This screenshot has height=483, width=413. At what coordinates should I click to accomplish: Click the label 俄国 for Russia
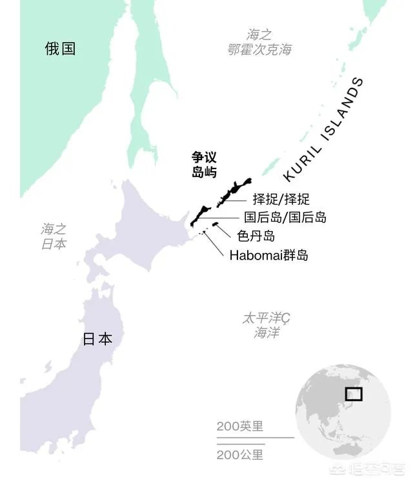coord(60,48)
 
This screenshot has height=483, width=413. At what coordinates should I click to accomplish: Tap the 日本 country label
coord(97,339)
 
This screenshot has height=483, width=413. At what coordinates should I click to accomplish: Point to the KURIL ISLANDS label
coord(323,129)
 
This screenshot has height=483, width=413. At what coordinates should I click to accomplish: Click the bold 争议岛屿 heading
coord(203,165)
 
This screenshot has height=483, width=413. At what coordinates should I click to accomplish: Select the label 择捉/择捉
coord(281,199)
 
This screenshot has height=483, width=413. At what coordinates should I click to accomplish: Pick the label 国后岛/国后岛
coord(285,218)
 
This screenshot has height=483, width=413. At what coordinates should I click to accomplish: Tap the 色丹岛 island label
coord(256,236)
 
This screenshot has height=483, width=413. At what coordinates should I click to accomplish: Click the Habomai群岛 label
coord(268,256)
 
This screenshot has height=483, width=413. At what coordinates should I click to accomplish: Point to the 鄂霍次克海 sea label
coord(259,43)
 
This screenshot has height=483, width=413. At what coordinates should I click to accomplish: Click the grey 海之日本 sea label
coord(54,236)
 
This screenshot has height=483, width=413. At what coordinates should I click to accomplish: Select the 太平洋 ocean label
coord(266,325)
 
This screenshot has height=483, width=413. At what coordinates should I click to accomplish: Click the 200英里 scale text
coord(240,426)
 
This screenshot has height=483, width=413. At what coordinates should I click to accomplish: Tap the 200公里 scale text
coord(240,455)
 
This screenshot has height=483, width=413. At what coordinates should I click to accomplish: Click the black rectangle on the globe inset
coord(353,393)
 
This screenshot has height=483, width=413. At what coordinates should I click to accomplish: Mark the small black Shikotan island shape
coord(216,224)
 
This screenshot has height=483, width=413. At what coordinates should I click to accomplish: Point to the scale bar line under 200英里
coord(254,438)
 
